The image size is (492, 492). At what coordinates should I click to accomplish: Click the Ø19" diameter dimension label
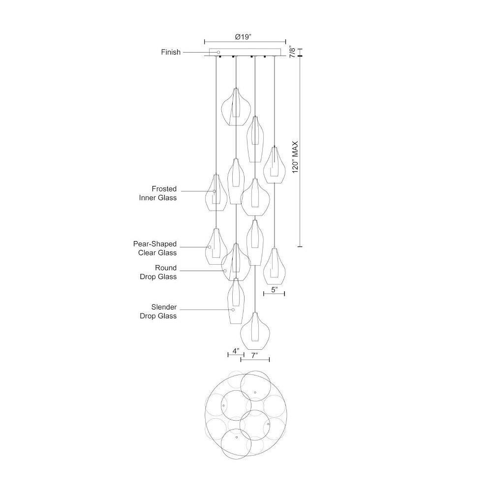[x=243, y=37]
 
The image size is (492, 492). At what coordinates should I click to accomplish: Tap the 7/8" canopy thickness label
[x=292, y=52]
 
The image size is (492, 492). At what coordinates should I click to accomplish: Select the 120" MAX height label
[x=295, y=157]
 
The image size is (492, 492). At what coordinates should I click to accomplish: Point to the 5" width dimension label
[x=274, y=289]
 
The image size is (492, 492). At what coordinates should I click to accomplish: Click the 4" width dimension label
[x=236, y=350]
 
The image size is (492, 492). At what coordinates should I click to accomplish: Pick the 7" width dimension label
[x=254, y=355]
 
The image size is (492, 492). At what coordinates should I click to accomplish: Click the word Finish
[x=171, y=52]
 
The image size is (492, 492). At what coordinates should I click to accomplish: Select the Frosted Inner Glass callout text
[x=158, y=193]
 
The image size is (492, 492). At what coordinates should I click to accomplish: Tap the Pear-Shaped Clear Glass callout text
[x=155, y=248]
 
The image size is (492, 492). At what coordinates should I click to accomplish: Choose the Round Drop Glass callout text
[x=158, y=272]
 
